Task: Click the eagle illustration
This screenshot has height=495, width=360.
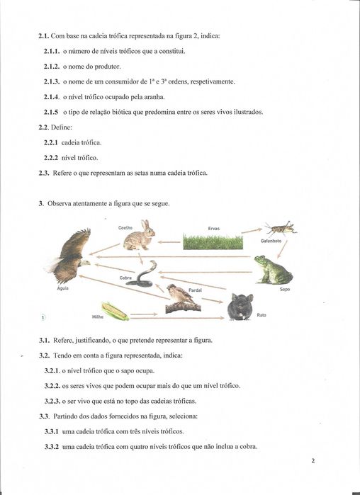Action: pyautogui.click(x=69, y=256)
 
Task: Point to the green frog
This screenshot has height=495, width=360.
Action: pyautogui.click(x=272, y=270)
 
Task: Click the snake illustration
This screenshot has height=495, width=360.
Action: pyautogui.click(x=145, y=273)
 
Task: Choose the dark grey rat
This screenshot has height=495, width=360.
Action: pyautogui.click(x=240, y=307)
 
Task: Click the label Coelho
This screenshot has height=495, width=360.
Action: pyautogui.click(x=125, y=227)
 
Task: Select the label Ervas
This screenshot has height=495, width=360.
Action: pyautogui.click(x=213, y=228)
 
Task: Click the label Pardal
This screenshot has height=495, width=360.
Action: pyautogui.click(x=195, y=290)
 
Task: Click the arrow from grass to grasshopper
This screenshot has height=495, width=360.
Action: pyautogui.click(x=252, y=230)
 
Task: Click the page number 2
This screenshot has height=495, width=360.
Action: pyautogui.click(x=313, y=461)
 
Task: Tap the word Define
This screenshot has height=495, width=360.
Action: pyautogui.click(x=64, y=127)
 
